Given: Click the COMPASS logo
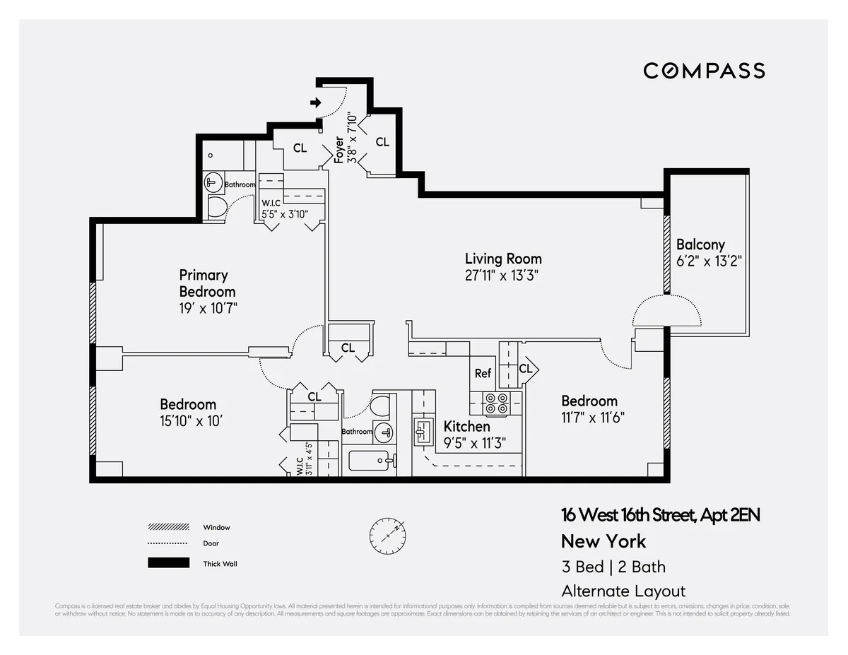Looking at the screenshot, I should coord(704,71).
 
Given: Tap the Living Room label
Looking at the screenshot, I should coord(503,259).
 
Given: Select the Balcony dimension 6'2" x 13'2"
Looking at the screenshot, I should coord(703,261).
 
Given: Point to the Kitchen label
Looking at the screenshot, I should coord(466,427).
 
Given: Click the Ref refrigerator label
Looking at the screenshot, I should coord(483,373).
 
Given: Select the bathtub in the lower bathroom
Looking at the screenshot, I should coord(368,462).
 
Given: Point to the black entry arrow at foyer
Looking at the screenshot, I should coord(315,103).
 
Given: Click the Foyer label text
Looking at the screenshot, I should coord(339,150).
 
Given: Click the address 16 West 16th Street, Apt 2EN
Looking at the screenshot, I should coord(660,515).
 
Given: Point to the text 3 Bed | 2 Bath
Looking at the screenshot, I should coord(613,567).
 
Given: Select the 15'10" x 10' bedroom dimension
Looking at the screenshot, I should coord(192,420).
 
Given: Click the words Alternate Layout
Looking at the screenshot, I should coord(623,591).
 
